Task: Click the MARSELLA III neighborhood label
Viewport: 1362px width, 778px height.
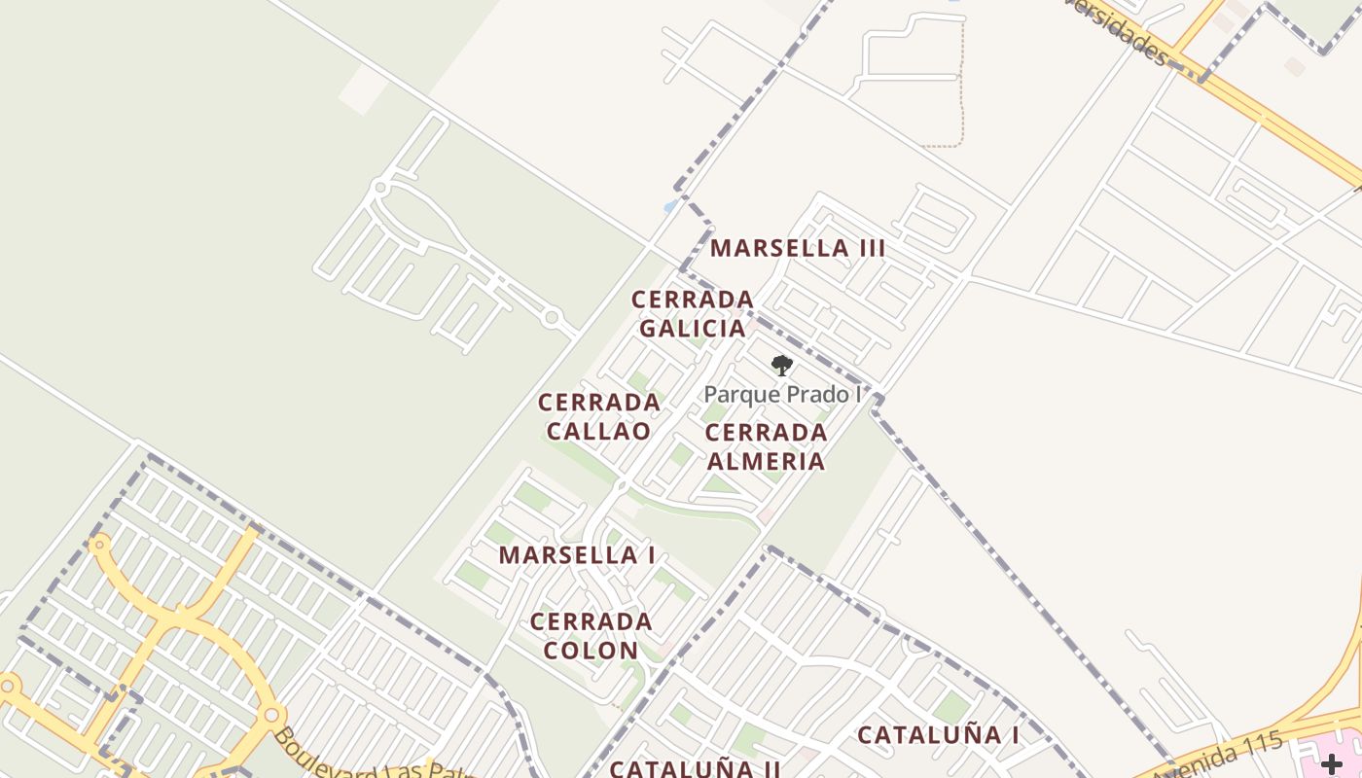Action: [x=798, y=248]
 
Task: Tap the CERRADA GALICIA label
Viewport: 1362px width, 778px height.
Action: [x=693, y=313]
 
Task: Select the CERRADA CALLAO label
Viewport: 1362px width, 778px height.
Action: [x=598, y=416]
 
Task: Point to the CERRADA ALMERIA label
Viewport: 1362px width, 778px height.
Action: [x=766, y=446]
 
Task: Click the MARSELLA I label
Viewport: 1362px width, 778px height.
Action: [x=577, y=555]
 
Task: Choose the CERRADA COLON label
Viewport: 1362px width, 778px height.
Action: [x=591, y=636]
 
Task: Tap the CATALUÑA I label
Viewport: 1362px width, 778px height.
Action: [x=938, y=735]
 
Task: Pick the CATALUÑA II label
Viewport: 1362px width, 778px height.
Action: [x=695, y=768]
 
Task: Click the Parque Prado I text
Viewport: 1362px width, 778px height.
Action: [x=782, y=394]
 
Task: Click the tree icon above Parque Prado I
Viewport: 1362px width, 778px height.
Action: [x=781, y=366]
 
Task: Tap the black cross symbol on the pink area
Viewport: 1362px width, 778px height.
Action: [x=1331, y=764]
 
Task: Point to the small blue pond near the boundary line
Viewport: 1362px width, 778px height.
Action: [x=670, y=206]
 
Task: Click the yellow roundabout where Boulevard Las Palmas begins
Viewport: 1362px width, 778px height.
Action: [x=272, y=716]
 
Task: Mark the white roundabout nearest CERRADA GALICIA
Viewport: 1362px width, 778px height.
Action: [x=552, y=317]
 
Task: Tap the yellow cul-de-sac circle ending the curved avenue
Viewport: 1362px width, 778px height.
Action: [x=98, y=545]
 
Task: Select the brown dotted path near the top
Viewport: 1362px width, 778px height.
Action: [x=961, y=97]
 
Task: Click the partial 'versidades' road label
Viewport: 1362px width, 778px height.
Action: [x=1119, y=29]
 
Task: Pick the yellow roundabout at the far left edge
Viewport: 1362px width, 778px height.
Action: [x=10, y=686]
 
